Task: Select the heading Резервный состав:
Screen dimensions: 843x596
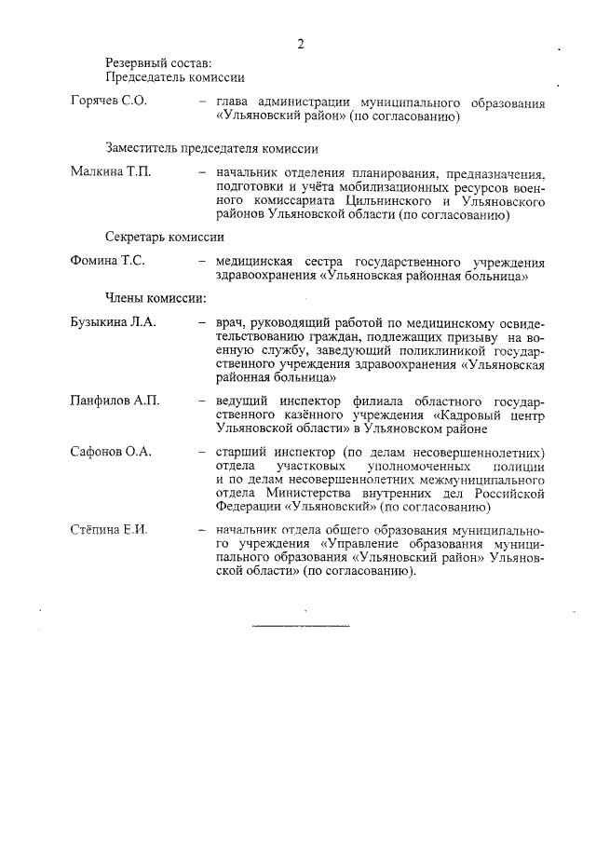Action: [152, 62]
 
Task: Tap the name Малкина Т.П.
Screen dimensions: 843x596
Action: [110, 172]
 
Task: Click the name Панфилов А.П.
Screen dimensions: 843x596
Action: [115, 401]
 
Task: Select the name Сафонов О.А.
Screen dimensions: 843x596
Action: [111, 452]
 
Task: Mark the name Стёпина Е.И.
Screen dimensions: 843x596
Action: [109, 529]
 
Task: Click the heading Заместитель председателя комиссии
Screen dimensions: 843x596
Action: [211, 148]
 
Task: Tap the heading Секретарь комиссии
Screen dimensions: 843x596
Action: [165, 237]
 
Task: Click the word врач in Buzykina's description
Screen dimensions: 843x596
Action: [228, 322]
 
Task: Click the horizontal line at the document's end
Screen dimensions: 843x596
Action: [301, 623]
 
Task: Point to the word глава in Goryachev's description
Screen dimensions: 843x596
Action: [231, 102]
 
